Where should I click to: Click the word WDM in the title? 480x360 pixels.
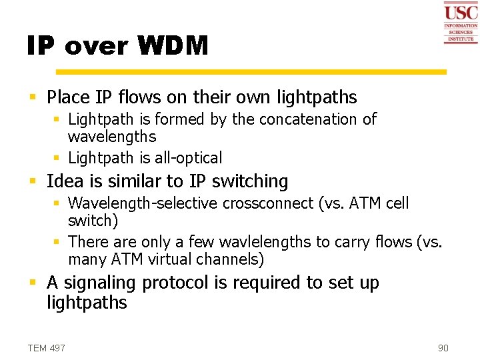[173, 46]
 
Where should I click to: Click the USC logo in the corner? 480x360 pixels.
[461, 23]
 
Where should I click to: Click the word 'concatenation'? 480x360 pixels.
[309, 119]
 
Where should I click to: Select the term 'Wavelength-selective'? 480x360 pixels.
[143, 203]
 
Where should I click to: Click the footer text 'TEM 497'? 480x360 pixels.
[47, 348]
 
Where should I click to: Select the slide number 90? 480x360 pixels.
[443, 348]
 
